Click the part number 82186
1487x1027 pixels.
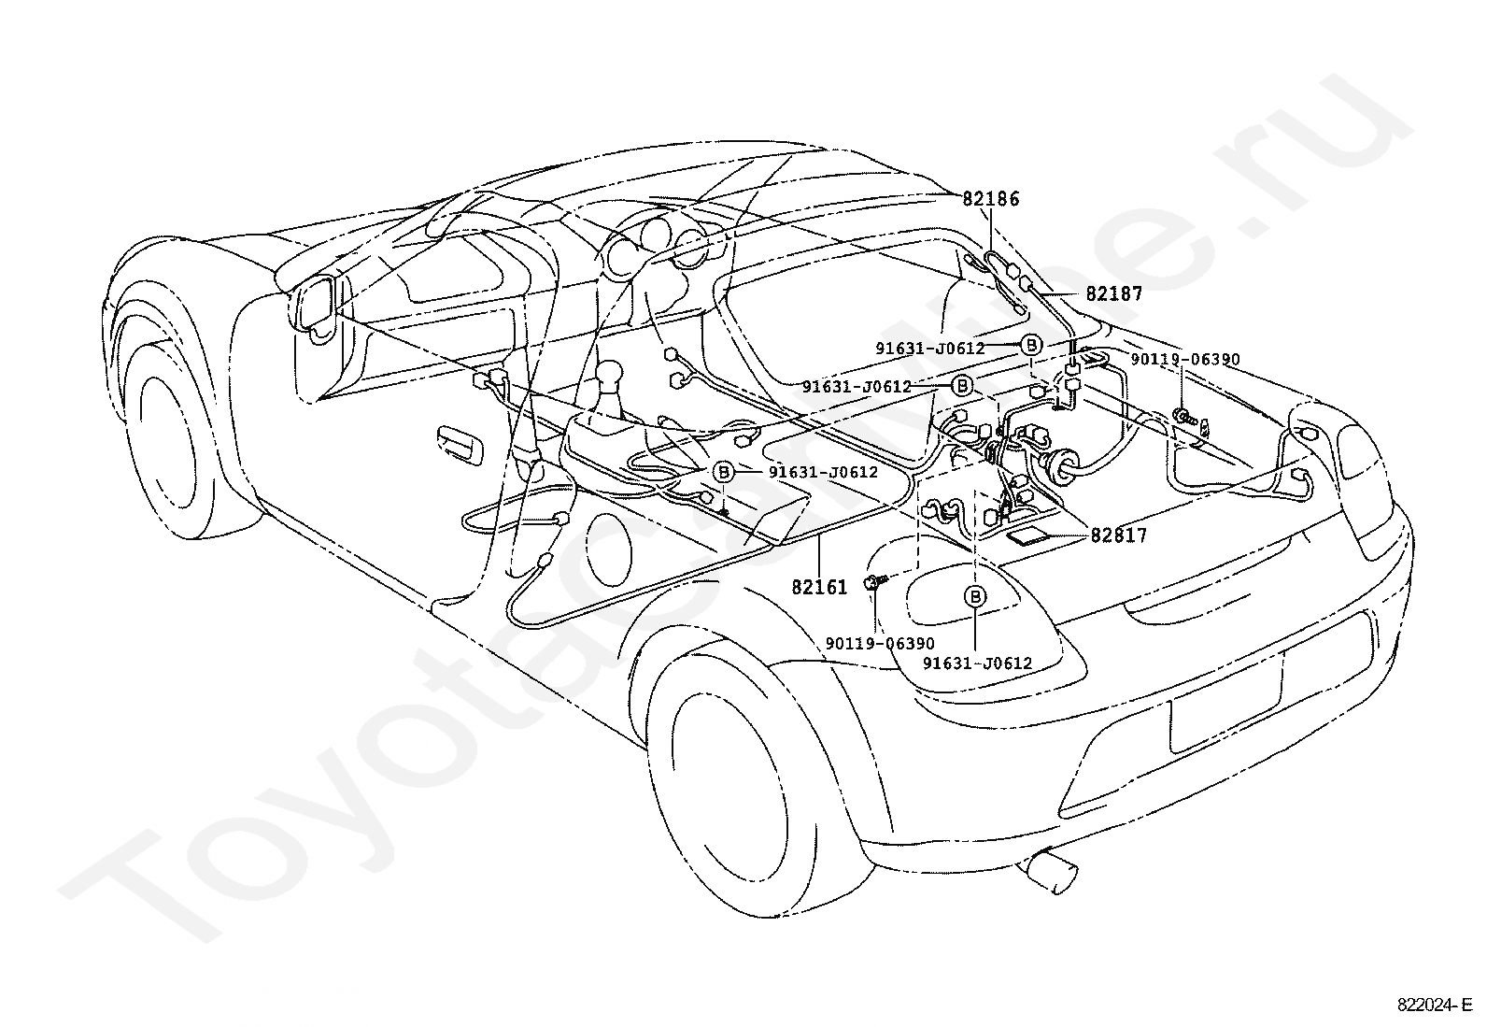(990, 199)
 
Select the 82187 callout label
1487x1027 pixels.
(1114, 293)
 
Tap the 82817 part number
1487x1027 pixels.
(1119, 535)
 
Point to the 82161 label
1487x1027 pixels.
(819, 587)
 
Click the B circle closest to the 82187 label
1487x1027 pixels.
(1031, 346)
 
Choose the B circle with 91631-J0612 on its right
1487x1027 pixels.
(724, 472)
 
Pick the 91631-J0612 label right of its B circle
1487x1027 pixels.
(823, 472)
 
